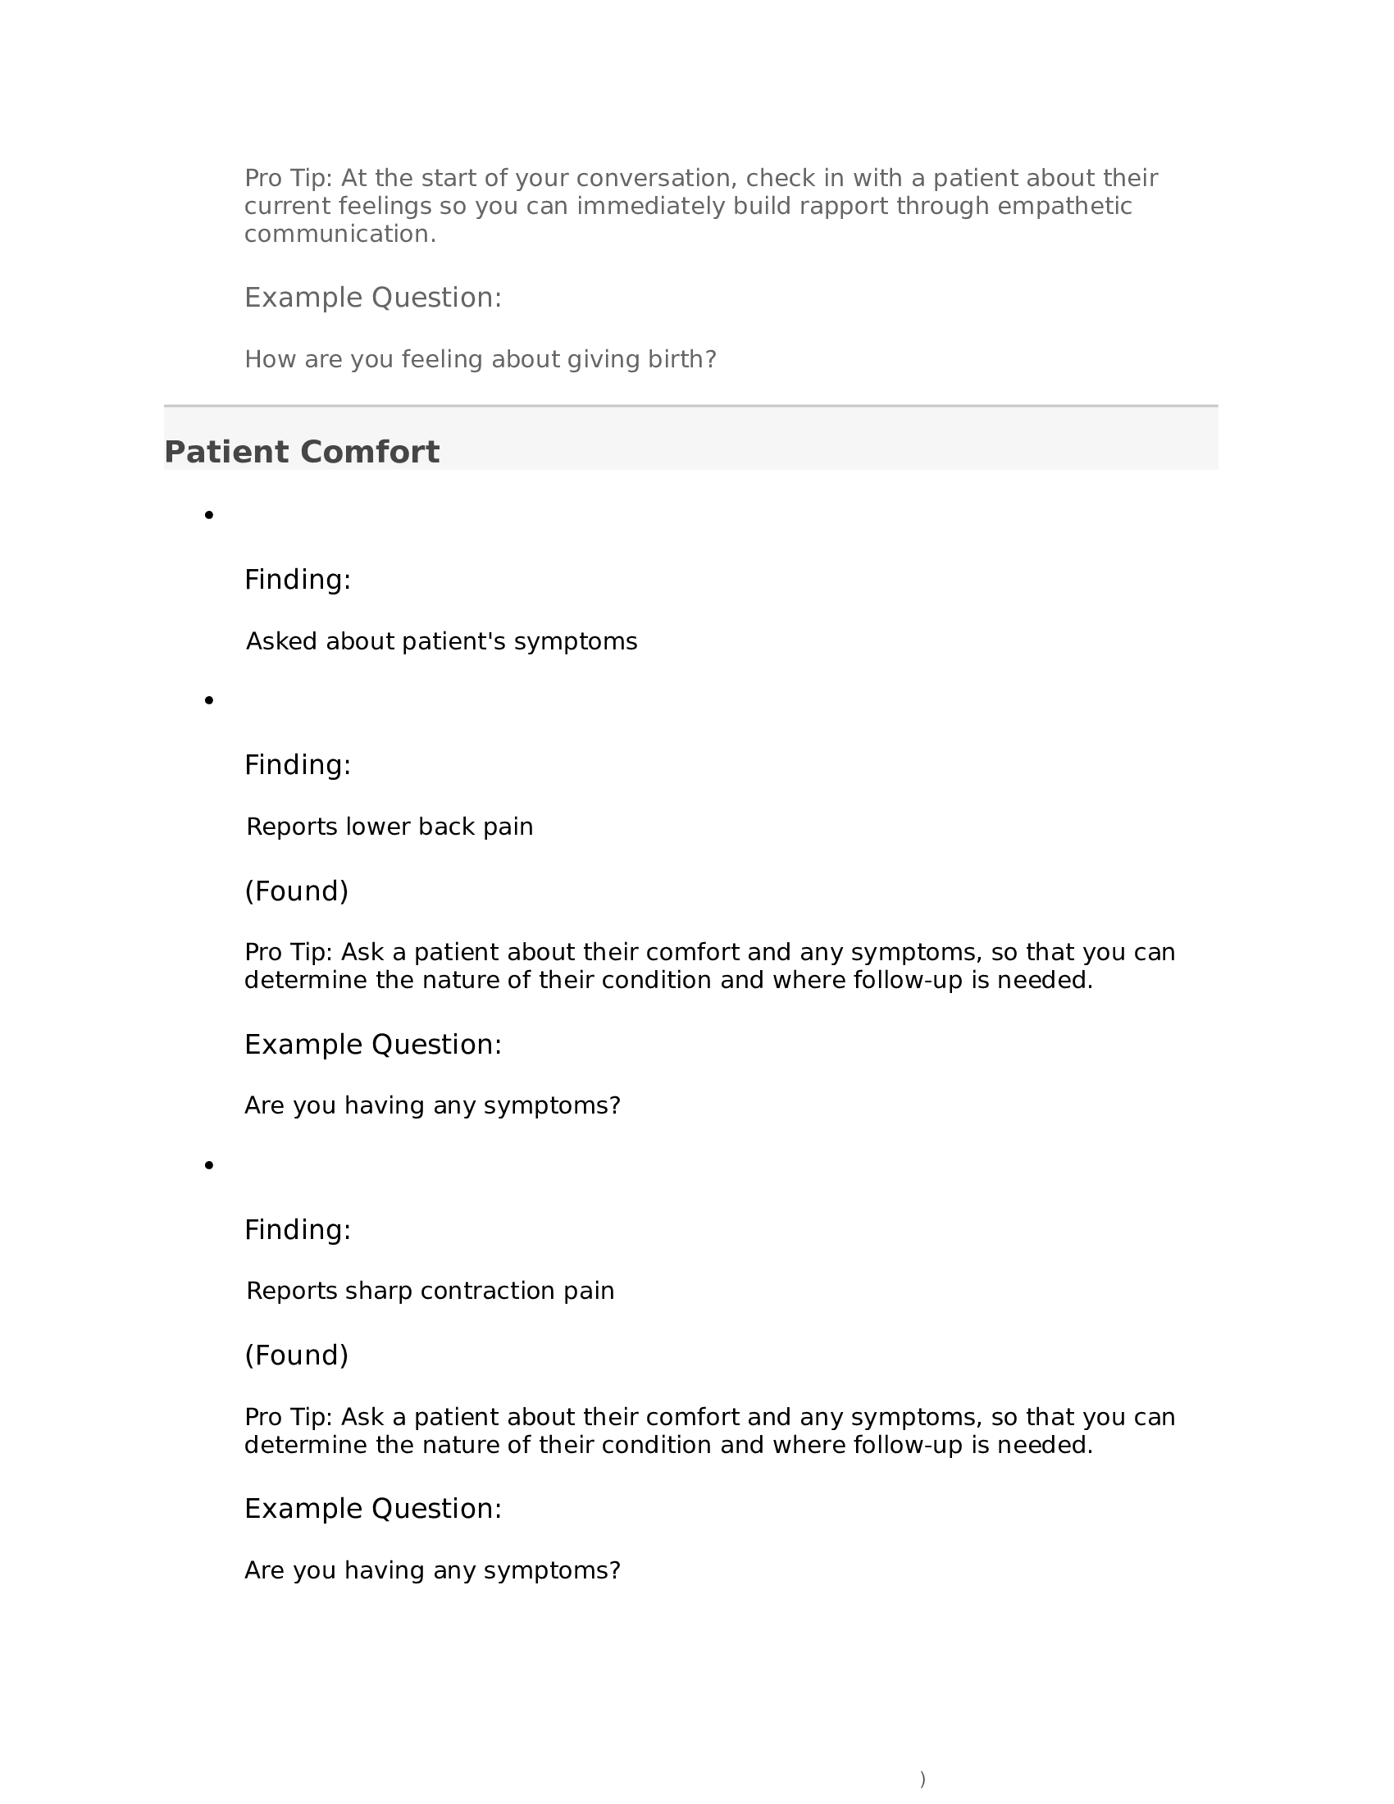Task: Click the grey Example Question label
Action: point(372,298)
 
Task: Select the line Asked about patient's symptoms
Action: point(441,642)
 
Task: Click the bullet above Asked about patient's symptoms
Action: point(209,516)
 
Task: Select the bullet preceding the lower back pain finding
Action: point(209,700)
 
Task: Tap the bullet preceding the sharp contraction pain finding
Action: point(209,1165)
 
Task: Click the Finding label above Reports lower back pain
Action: point(298,765)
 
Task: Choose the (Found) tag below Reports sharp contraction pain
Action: point(297,1355)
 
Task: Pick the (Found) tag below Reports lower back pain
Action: point(297,891)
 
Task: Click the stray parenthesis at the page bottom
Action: point(922,1779)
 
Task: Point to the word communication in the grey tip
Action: point(339,234)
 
